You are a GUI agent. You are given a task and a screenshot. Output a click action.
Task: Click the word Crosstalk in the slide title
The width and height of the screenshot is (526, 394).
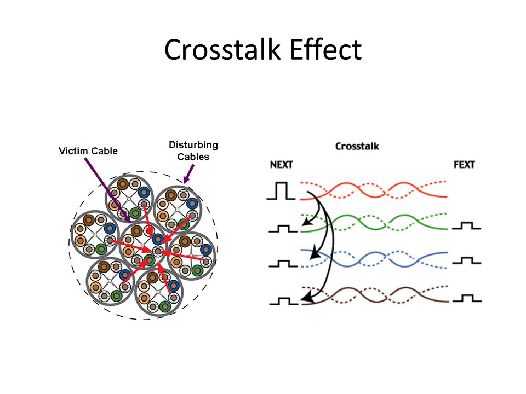point(222,50)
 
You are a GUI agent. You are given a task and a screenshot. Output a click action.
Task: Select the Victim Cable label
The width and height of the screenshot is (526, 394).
point(88,151)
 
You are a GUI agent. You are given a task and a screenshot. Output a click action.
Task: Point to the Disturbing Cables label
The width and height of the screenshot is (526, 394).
point(193,150)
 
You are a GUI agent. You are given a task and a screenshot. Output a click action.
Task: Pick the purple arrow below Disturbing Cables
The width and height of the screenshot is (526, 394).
point(187,174)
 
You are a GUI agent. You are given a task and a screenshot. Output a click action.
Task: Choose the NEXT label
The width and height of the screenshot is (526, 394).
point(282,165)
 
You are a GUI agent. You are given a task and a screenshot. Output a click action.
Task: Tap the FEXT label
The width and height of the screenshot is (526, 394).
point(464,165)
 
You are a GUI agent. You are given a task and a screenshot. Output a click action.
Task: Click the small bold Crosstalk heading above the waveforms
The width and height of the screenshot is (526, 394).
point(357,146)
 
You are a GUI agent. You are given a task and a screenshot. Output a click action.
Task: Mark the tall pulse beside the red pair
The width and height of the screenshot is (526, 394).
point(281,191)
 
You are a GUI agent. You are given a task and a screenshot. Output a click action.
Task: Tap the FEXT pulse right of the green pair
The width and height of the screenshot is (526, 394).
point(467,225)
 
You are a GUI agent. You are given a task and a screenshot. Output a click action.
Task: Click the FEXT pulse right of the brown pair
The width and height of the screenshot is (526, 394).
point(467,299)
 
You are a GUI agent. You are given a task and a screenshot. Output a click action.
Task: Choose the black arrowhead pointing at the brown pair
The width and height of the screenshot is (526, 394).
point(307,298)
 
